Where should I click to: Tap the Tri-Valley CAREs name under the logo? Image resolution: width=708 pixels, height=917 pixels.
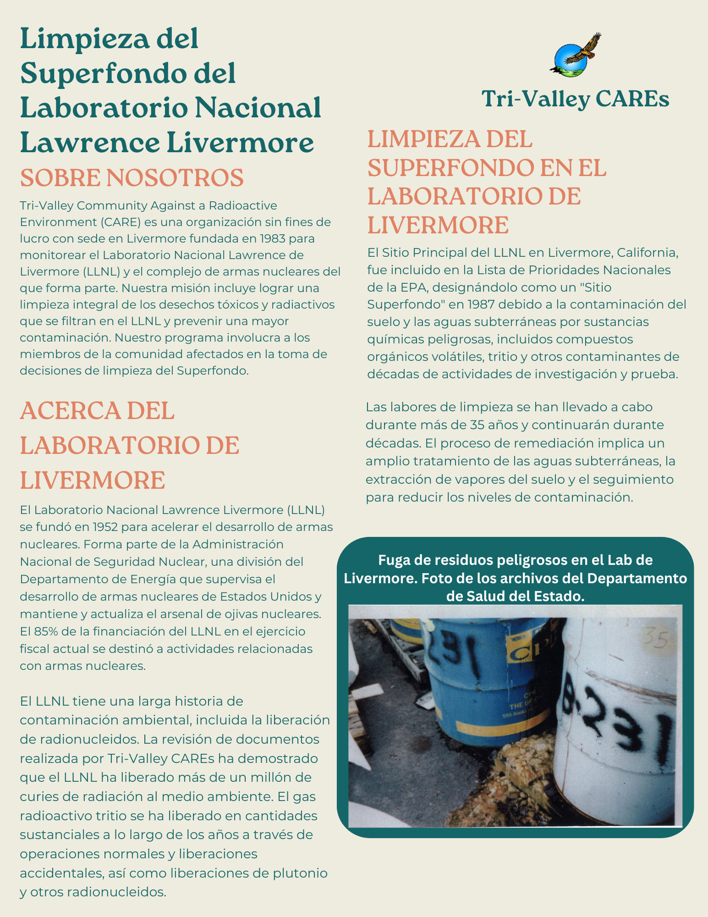pyautogui.click(x=575, y=99)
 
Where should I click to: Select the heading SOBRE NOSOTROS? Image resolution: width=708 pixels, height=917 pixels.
pyautogui.click(x=132, y=178)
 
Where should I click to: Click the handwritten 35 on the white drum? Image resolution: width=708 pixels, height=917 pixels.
pyautogui.click(x=657, y=638)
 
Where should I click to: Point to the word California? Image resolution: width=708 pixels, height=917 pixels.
pyautogui.click(x=647, y=253)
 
